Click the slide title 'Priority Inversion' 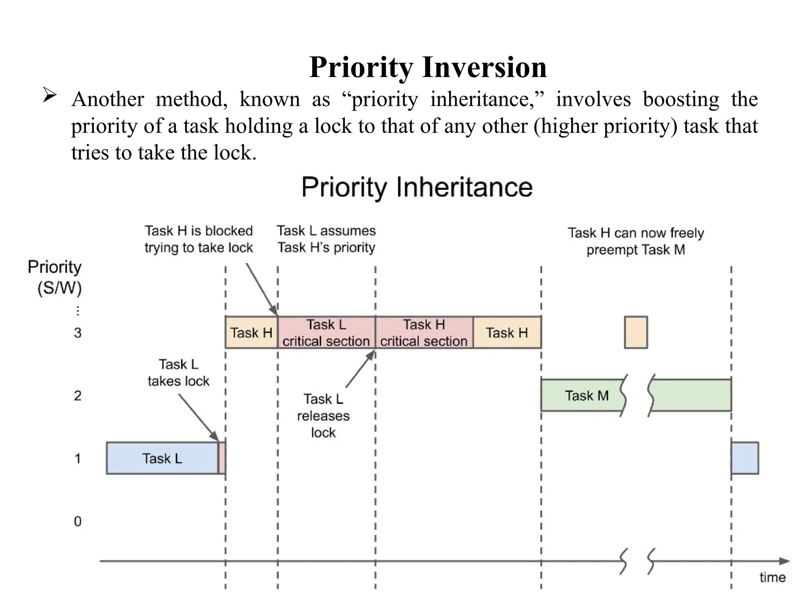click(x=428, y=67)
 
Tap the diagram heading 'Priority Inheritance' click(x=417, y=187)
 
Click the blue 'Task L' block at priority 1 click(x=162, y=458)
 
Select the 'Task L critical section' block click(x=326, y=332)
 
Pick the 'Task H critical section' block click(x=424, y=332)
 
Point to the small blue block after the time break click(x=745, y=458)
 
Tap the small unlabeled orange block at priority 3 click(x=636, y=332)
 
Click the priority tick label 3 click(x=78, y=333)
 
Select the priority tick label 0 click(x=78, y=521)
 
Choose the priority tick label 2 click(x=78, y=396)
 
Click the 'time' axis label click(x=772, y=577)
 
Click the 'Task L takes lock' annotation click(x=179, y=373)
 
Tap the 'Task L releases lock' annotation click(x=323, y=416)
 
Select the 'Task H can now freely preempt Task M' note click(x=636, y=241)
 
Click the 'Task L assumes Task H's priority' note click(x=326, y=239)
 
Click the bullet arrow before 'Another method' click(x=50, y=95)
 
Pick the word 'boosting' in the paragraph click(x=681, y=99)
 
